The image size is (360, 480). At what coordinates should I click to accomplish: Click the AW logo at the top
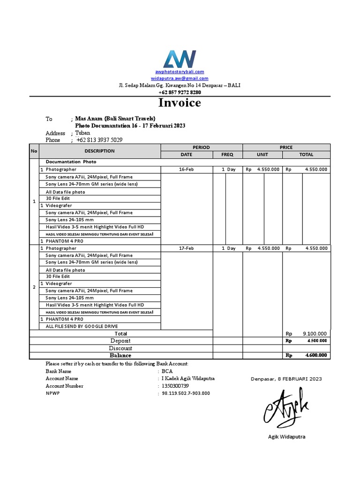tap(180, 59)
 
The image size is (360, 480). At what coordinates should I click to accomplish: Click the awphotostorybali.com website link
tap(180, 72)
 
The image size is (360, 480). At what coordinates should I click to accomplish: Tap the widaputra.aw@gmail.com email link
tap(180, 79)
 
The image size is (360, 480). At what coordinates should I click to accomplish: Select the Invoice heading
tap(180, 103)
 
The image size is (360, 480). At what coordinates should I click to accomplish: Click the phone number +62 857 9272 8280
tap(180, 92)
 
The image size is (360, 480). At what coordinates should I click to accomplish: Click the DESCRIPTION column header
tap(99, 151)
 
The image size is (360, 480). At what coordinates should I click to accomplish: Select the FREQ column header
tap(227, 155)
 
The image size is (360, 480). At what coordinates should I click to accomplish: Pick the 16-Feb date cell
tap(186, 169)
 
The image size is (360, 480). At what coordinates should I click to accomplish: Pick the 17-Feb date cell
tap(186, 248)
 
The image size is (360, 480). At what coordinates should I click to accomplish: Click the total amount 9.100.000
tap(315, 334)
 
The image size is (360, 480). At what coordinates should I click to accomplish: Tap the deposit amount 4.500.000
tap(317, 341)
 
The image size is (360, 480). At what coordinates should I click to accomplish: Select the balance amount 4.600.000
tap(316, 356)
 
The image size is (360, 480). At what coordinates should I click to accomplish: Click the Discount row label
tap(120, 348)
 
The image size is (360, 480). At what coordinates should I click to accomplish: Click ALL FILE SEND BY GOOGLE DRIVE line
tap(82, 326)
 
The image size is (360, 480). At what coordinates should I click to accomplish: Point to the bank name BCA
tap(167, 371)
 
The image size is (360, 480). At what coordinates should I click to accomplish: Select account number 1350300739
tap(175, 386)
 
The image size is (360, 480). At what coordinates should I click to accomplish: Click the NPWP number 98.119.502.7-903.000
tap(186, 393)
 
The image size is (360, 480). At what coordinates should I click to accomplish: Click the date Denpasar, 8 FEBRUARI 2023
tap(286, 379)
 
